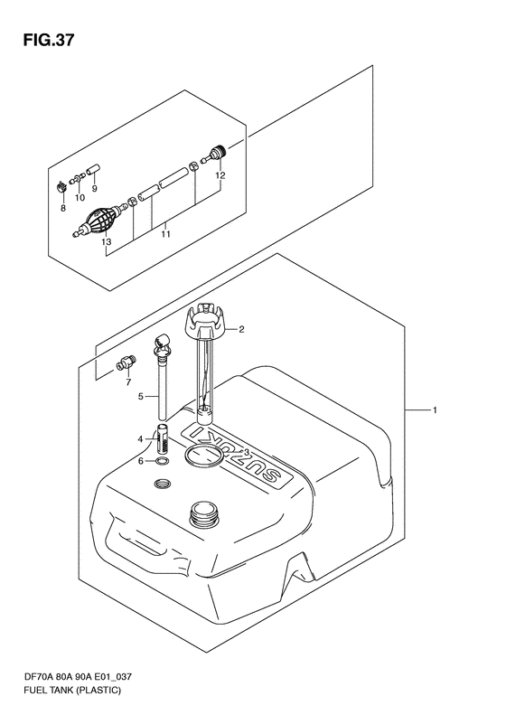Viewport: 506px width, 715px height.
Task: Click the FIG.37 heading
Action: (49, 40)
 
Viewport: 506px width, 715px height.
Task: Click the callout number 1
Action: (435, 410)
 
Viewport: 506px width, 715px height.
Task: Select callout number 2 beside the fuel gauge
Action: (241, 329)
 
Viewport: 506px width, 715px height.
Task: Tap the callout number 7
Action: (128, 381)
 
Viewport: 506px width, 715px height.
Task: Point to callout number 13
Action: (107, 242)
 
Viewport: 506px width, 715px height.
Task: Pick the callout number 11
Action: (165, 234)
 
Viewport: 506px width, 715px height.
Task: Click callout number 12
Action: (220, 175)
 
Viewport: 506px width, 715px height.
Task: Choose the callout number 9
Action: (94, 188)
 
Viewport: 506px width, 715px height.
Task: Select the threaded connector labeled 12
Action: (215, 154)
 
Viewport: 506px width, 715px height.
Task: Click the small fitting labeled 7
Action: (125, 365)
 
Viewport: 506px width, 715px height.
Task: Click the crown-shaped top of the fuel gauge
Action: (205, 320)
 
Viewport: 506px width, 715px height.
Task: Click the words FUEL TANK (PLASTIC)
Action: (72, 690)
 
